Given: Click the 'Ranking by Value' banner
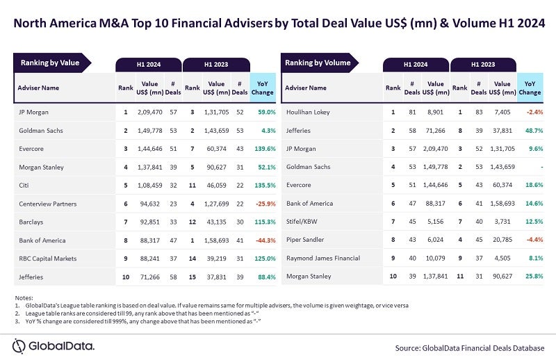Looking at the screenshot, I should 50,63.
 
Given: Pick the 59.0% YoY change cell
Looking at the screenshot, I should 267,111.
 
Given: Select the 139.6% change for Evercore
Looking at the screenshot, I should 265,148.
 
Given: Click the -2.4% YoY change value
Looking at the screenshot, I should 532,111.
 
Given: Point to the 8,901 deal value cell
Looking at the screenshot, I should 436,111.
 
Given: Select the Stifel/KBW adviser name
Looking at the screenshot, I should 302,221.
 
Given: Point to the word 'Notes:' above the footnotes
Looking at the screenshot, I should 23,298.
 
